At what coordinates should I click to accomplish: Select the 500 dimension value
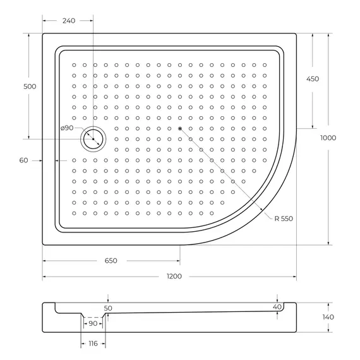tap(20, 86)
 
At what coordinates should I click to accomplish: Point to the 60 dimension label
tap(23, 160)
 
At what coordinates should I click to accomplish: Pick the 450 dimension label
tap(312, 79)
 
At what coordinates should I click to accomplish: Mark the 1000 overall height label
tap(328, 138)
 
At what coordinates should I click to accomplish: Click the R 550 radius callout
tap(284, 218)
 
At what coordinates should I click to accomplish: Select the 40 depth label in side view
tap(277, 306)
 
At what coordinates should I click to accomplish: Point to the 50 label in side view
tap(108, 308)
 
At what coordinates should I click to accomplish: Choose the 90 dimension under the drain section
tap(92, 324)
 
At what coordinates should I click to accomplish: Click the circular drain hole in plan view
tap(93, 138)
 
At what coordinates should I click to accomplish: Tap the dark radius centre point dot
tap(180, 129)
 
